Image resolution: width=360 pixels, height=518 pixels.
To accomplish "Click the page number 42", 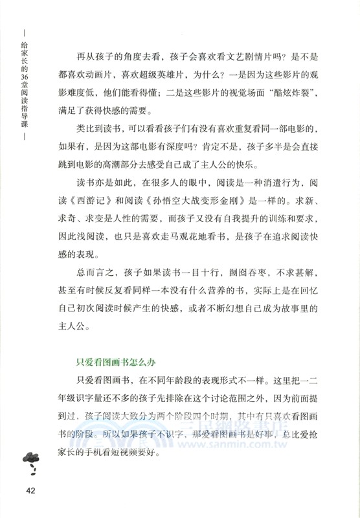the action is tap(33, 488).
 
